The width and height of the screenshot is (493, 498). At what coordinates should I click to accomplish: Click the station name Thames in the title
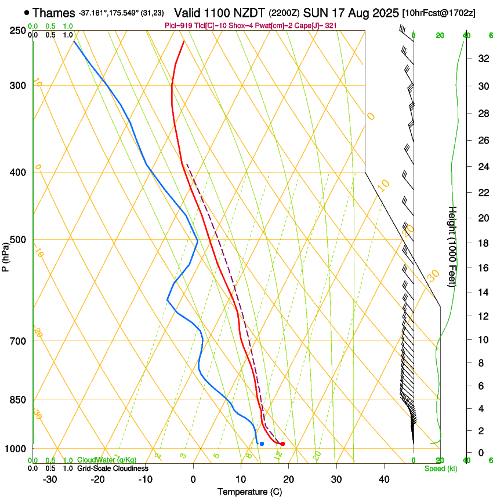click(x=54, y=13)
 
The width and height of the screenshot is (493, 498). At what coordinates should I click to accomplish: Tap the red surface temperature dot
click(x=282, y=444)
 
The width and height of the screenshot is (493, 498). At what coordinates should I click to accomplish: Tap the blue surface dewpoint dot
click(x=262, y=444)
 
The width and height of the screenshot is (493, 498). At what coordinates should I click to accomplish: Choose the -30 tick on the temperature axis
click(x=50, y=479)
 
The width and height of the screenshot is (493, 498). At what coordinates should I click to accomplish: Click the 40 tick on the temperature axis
click(x=384, y=479)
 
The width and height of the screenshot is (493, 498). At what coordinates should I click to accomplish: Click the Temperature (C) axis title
click(x=249, y=492)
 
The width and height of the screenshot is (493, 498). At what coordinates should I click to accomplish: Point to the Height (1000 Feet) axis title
click(x=452, y=246)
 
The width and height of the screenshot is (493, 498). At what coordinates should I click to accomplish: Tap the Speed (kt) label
click(x=440, y=468)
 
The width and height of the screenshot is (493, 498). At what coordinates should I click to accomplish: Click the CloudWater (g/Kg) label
click(x=99, y=460)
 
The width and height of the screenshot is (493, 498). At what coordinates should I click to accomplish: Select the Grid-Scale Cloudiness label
click(x=113, y=468)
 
